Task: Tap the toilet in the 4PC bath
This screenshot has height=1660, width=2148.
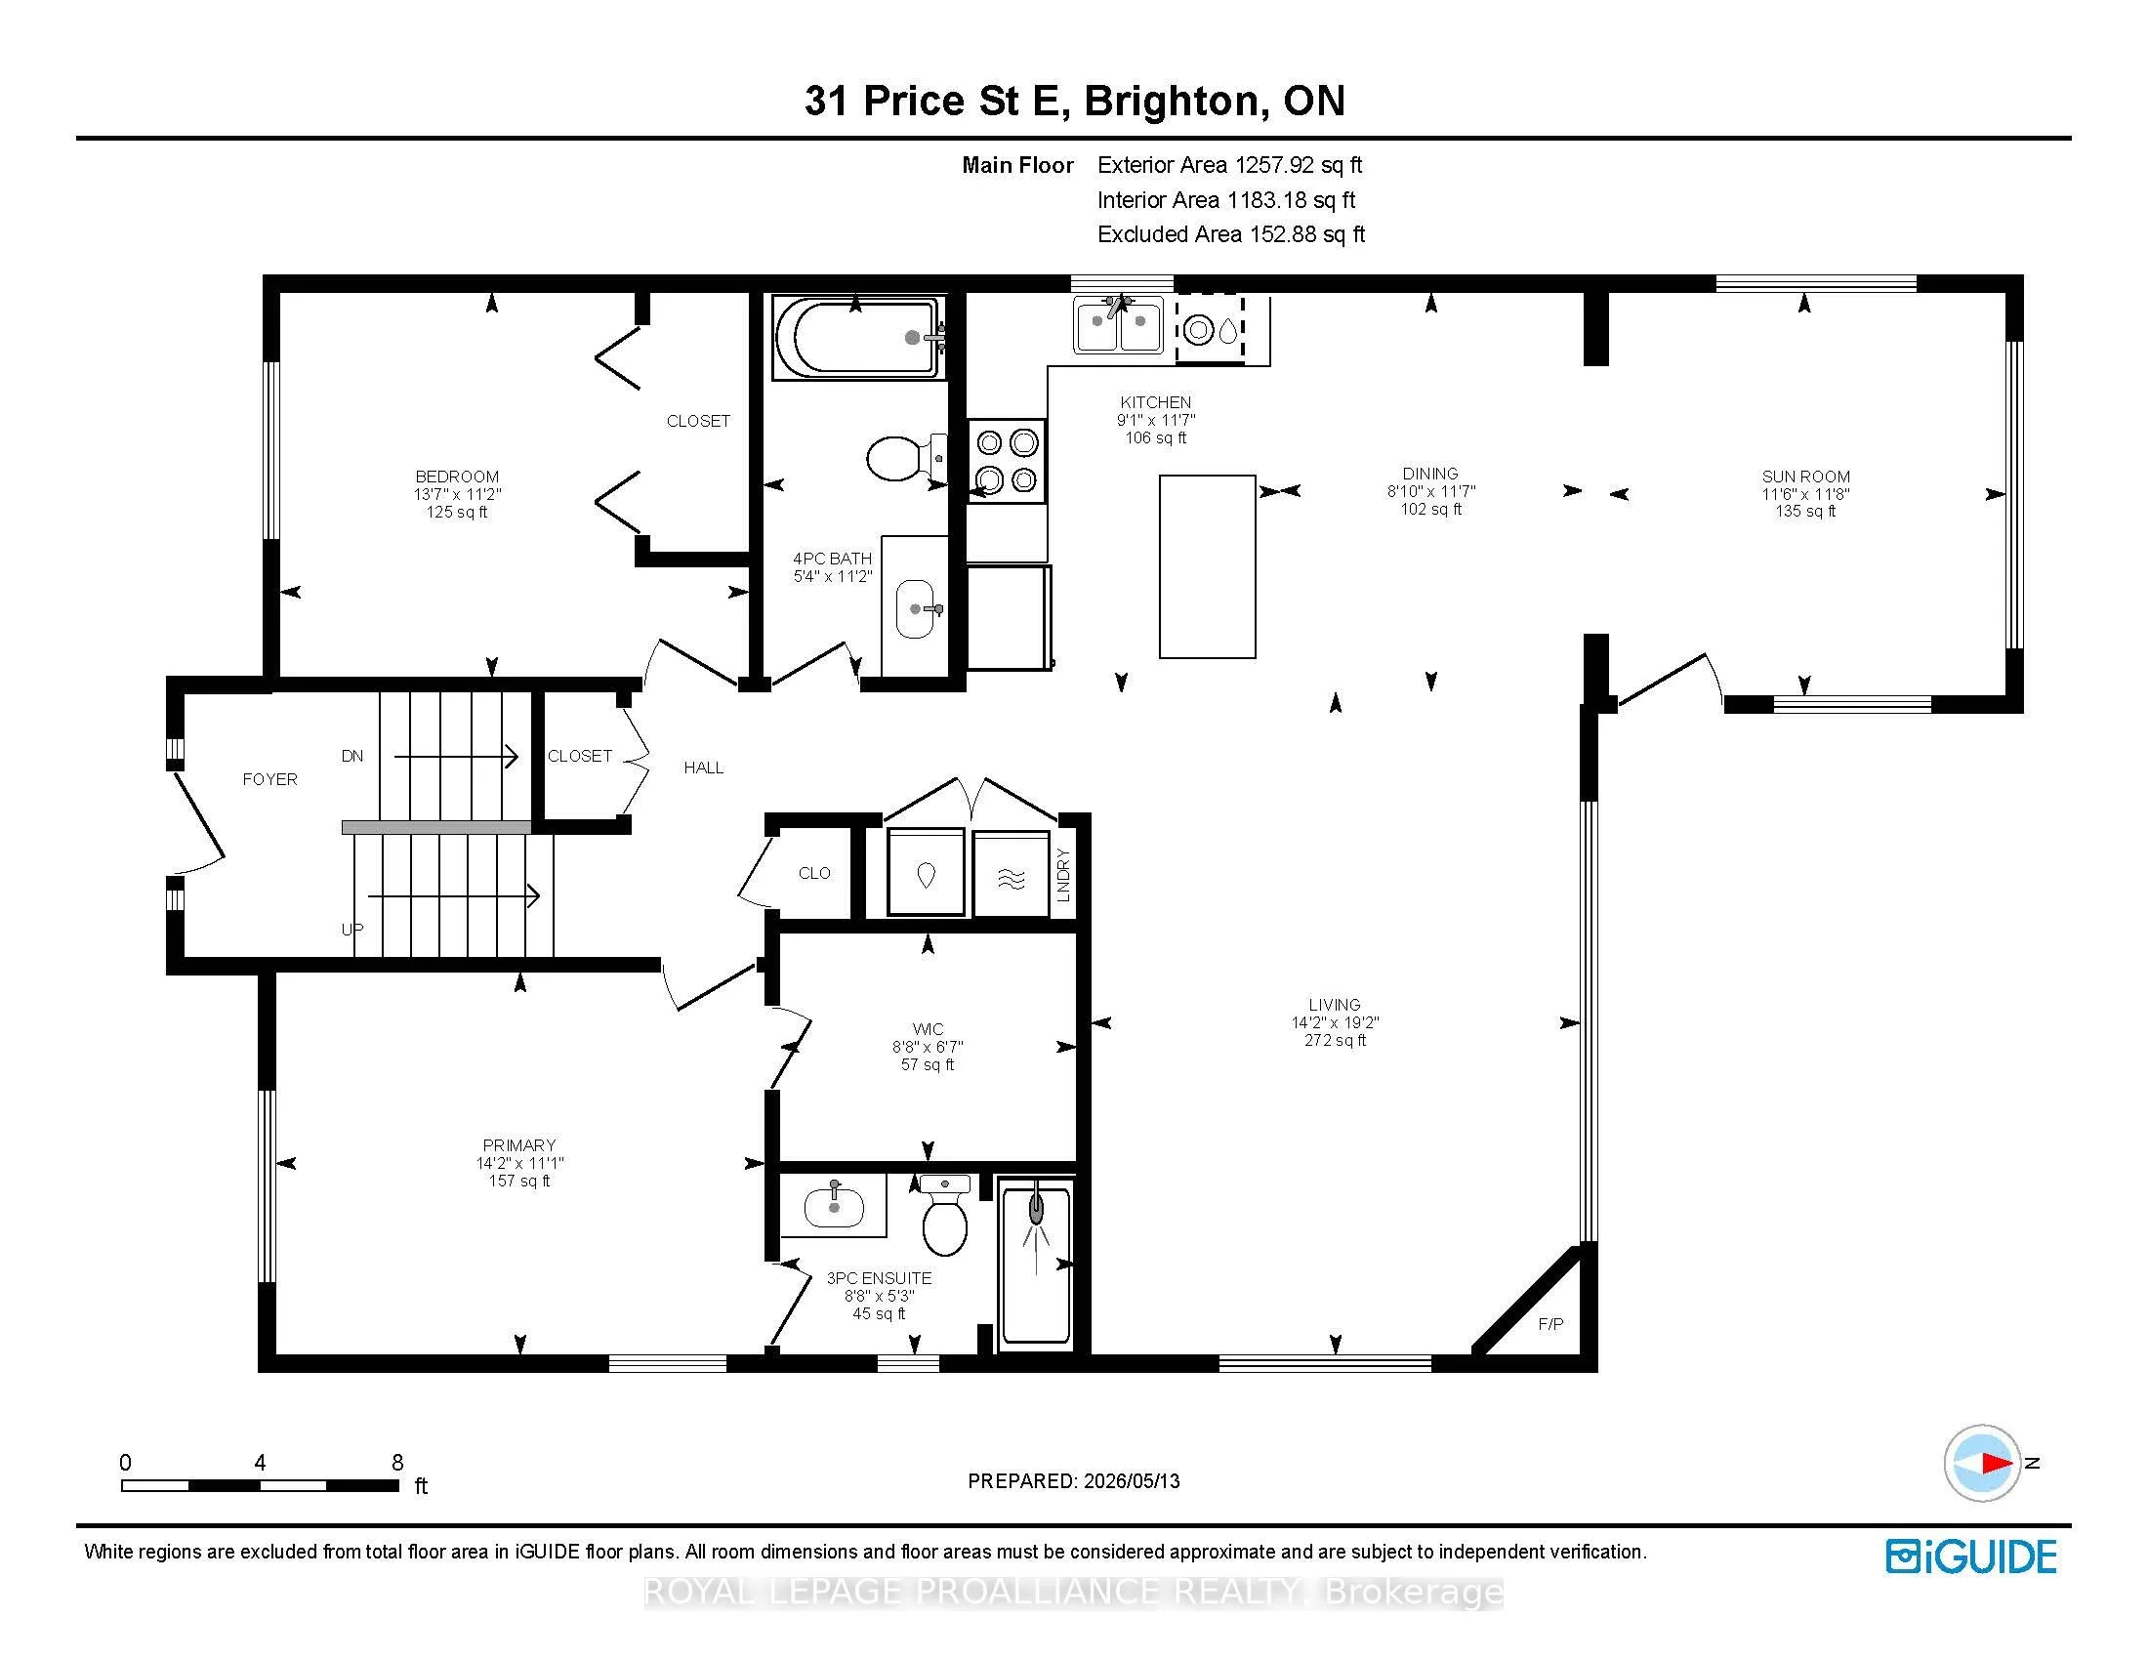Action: click(x=906, y=457)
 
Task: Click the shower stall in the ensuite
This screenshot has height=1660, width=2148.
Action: click(x=1035, y=1264)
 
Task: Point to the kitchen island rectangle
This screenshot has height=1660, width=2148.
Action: click(x=1207, y=566)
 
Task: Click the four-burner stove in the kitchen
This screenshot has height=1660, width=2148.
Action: click(x=1006, y=460)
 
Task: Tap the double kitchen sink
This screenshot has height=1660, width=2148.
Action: click(x=1119, y=324)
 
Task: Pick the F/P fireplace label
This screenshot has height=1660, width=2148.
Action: click(x=1550, y=1324)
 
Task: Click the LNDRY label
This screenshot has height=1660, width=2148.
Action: click(x=1062, y=875)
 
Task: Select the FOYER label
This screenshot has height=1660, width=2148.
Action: click(x=269, y=779)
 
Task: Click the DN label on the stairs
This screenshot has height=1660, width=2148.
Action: click(x=352, y=755)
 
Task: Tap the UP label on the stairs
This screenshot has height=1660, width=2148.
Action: click(x=352, y=930)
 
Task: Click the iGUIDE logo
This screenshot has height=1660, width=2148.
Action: click(x=1971, y=1556)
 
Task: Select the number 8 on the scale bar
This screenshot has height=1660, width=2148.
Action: click(x=397, y=1463)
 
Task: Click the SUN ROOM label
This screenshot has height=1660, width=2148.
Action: click(x=1805, y=476)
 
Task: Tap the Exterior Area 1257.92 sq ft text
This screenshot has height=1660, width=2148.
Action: click(x=1229, y=165)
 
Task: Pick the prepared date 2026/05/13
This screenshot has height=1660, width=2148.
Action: click(x=1130, y=1481)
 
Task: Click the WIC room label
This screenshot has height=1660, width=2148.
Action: click(x=928, y=1028)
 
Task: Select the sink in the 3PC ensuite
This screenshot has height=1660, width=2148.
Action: click(x=834, y=1206)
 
